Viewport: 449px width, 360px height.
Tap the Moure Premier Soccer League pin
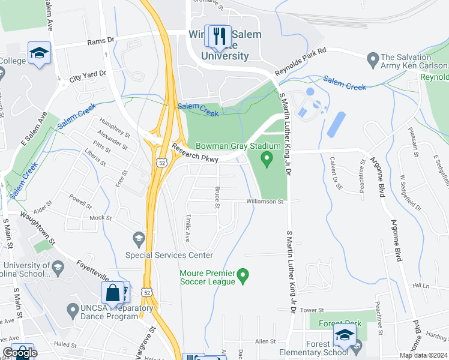pyautogui.click(x=243, y=276)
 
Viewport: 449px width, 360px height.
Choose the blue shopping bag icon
pyautogui.click(x=113, y=293)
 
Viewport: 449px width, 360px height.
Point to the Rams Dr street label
pyautogui.click(x=100, y=41)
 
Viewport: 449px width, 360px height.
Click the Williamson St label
pyautogui.click(x=265, y=202)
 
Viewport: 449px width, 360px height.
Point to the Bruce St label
pyautogui.click(x=217, y=198)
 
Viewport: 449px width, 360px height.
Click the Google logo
pyautogui.click(x=20, y=353)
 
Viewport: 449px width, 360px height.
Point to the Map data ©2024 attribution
pyautogui.click(x=423, y=355)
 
